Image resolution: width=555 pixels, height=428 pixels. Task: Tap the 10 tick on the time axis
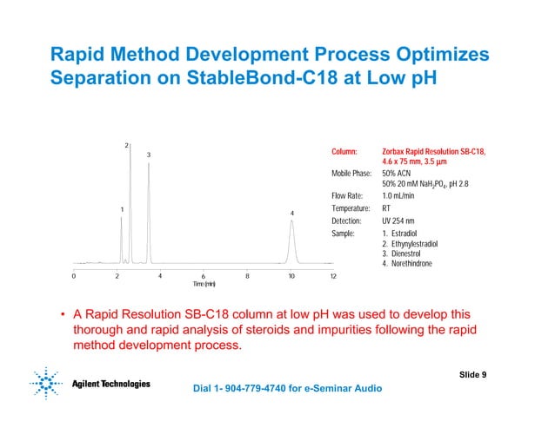pyautogui.click(x=291, y=276)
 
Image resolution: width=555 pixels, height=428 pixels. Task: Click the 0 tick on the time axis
pyautogui.click(x=74, y=276)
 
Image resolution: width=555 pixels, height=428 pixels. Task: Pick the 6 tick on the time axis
pyautogui.click(x=204, y=276)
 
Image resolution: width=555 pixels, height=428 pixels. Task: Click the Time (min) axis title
pyautogui.click(x=204, y=285)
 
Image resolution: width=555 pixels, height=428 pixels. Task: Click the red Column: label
pyautogui.click(x=344, y=152)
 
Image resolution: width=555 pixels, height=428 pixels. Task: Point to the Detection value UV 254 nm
pyautogui.click(x=403, y=221)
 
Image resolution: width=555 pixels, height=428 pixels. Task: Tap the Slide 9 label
pyautogui.click(x=472, y=374)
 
